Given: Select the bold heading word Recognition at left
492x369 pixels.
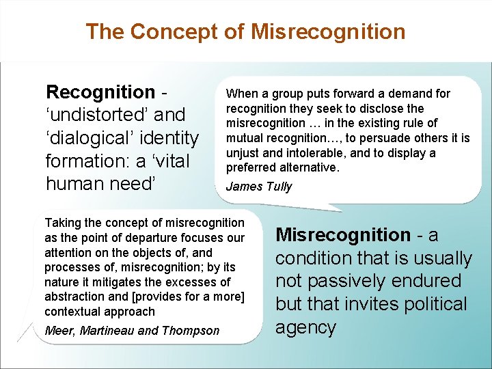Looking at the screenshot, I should [x=100, y=92].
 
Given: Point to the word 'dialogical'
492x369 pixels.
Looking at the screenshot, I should [x=92, y=138].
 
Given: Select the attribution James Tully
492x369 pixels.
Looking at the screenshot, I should [x=258, y=187].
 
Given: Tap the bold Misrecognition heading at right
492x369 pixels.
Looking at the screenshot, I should [x=342, y=235].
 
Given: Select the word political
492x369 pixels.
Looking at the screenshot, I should [x=430, y=304].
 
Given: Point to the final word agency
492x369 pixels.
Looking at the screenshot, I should [x=305, y=327].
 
